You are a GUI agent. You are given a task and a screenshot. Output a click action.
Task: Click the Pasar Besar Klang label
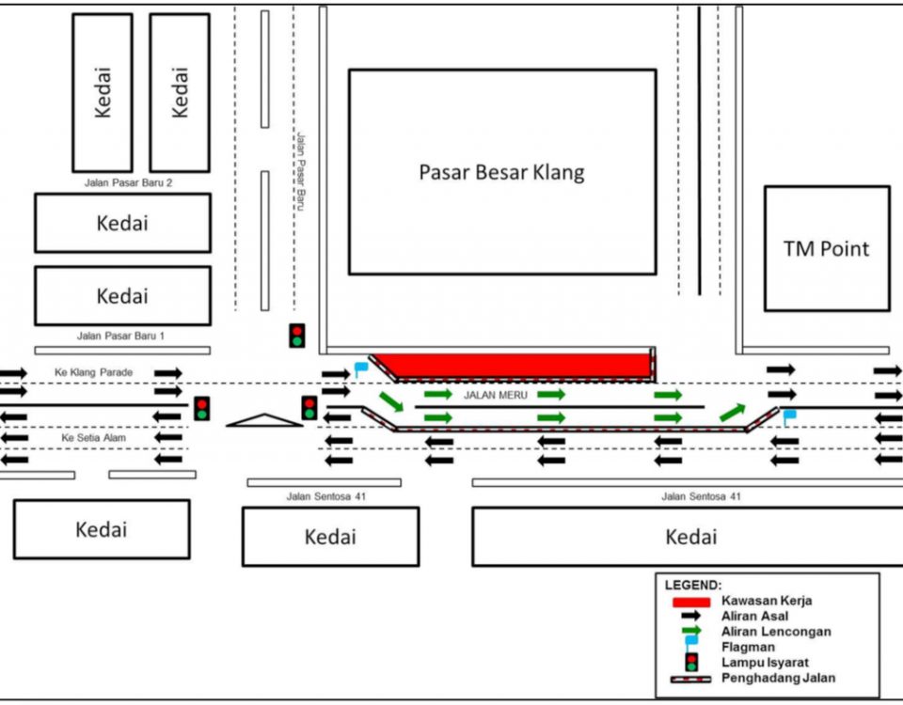501,172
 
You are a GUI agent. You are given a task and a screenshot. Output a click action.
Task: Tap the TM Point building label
827,248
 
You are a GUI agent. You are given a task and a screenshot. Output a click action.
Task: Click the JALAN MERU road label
496,395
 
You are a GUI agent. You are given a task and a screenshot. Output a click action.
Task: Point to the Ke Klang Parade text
93,372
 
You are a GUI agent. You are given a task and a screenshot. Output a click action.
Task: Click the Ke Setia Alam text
93,438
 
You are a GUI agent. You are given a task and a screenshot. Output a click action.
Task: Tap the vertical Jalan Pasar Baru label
301,171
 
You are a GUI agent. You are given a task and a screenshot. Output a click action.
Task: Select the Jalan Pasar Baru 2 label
129,183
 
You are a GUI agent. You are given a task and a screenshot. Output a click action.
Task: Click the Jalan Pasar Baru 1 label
121,336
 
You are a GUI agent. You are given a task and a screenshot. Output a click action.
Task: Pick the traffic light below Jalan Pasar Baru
297,336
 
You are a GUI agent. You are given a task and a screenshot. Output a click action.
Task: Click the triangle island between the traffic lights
264,421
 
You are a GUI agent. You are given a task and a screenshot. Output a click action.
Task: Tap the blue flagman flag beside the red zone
361,368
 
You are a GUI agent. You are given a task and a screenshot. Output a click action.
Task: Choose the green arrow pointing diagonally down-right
391,401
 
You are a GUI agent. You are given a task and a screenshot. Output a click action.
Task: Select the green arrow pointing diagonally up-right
733,413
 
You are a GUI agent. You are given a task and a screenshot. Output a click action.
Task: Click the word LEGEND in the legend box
693,586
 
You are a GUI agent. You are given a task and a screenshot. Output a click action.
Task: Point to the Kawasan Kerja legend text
767,601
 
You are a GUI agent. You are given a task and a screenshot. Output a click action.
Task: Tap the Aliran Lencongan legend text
776,632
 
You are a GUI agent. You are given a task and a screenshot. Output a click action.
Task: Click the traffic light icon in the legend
691,663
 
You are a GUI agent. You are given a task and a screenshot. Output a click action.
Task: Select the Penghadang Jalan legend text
778,678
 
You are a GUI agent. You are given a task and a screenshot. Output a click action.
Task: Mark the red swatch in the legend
691,603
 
